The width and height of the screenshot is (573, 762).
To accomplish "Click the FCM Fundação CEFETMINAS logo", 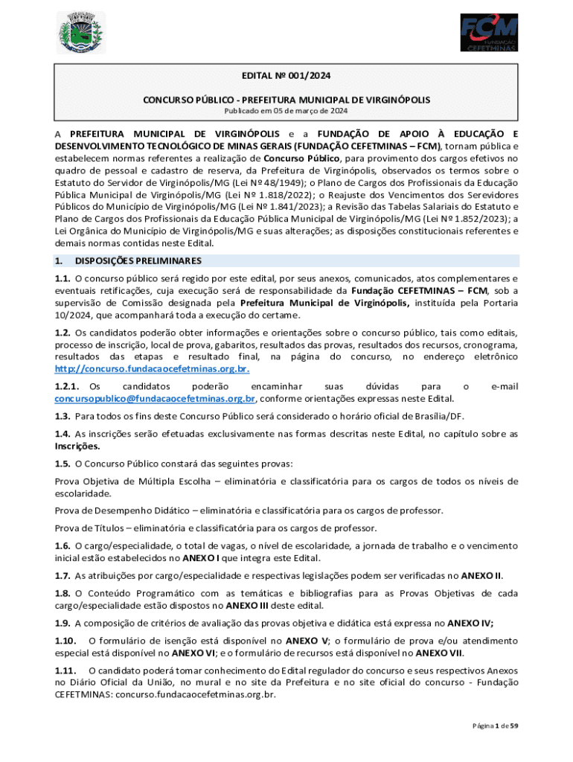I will point(489,33).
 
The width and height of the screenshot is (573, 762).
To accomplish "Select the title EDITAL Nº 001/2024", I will point(286,75).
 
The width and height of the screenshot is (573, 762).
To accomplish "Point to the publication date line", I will point(286,111).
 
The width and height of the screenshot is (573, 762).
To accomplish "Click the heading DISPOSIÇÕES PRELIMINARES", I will point(138,261).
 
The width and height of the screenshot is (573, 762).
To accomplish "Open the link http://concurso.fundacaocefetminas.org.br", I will point(152,369).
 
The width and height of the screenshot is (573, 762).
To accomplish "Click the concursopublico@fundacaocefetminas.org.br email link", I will point(155,398).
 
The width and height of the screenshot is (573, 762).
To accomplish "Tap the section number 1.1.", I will point(63,278).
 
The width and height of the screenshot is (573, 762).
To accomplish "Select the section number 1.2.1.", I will point(67,386).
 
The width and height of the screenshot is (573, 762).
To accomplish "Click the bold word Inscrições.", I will point(77,446).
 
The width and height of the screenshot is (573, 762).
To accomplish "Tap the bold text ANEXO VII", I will point(438,653).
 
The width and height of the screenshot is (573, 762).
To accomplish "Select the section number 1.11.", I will point(65,672).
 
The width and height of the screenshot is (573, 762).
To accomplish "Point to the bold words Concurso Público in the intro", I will point(301,159).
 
